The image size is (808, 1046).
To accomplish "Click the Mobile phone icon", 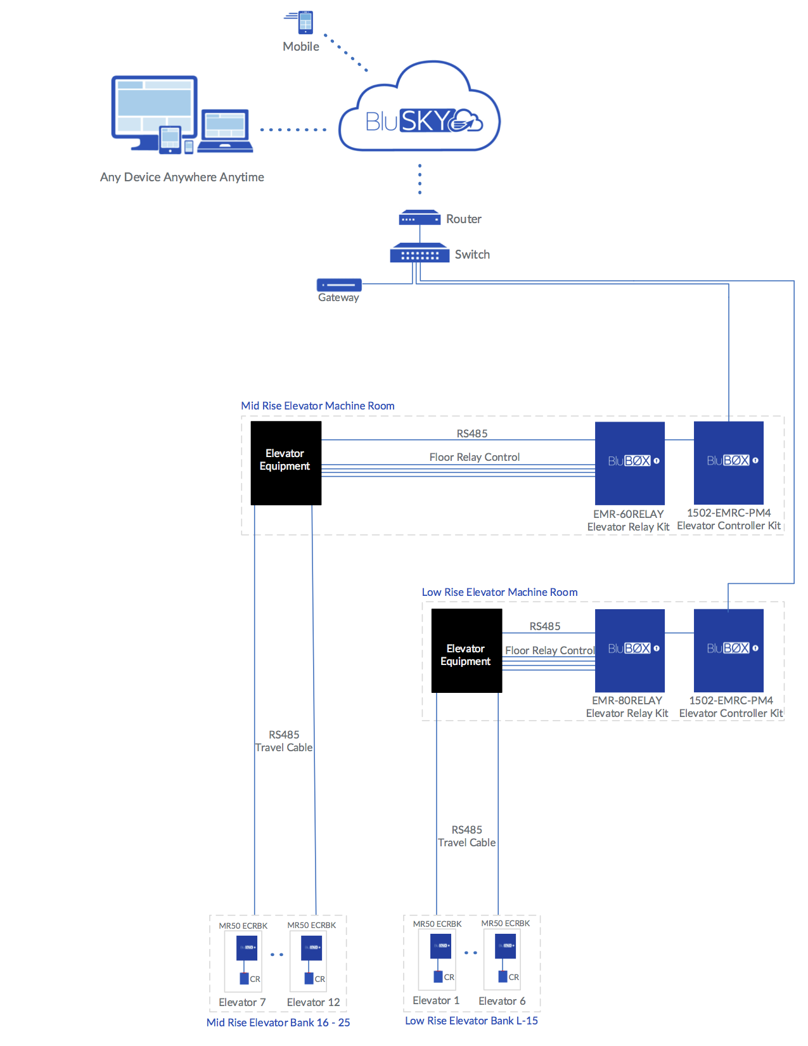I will [305, 22].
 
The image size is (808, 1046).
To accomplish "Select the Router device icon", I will [419, 219].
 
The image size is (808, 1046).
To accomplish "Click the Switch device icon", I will [419, 254].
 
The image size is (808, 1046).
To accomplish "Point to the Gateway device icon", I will [339, 285].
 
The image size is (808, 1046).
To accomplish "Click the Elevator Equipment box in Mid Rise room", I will [286, 463].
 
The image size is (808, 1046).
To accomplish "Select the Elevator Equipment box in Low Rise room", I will [466, 650].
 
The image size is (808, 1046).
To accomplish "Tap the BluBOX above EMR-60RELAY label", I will [629, 463].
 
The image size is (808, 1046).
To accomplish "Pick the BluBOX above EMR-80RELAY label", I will [629, 650].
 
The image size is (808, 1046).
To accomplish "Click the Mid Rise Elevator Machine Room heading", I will [317, 406].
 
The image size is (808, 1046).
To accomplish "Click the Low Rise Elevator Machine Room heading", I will [499, 592].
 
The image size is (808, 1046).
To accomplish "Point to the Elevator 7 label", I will [242, 1002].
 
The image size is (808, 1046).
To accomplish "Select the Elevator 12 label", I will [313, 1002].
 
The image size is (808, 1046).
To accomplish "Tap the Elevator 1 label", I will [436, 1000].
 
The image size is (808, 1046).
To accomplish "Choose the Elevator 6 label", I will [502, 1001].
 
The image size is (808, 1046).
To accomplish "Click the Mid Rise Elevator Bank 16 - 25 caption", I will [278, 1023].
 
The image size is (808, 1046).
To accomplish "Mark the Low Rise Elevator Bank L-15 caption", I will [471, 1021].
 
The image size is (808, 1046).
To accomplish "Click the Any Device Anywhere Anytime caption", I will [182, 177].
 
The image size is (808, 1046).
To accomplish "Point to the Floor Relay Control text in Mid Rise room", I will [474, 457].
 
